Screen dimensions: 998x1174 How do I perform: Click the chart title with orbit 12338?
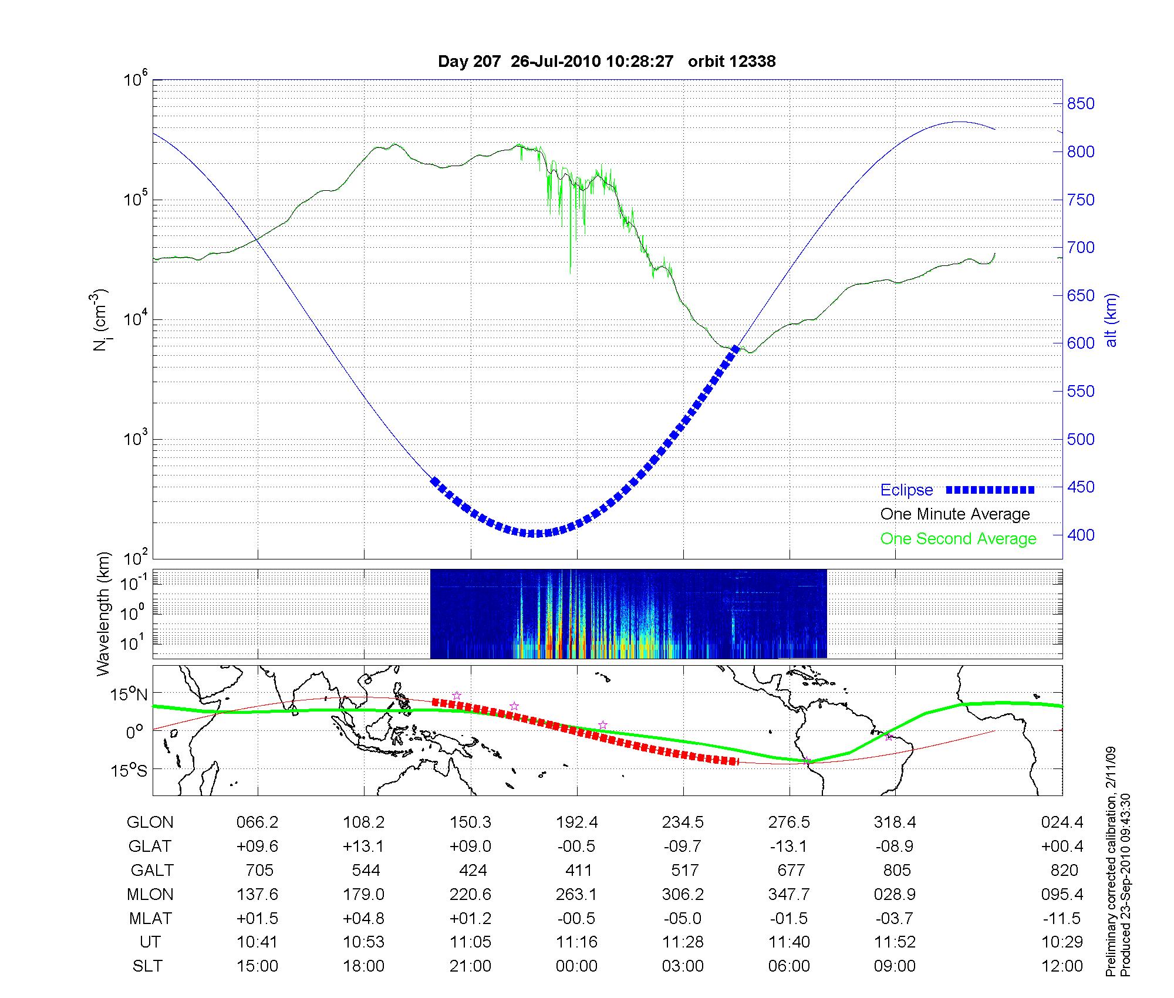606,62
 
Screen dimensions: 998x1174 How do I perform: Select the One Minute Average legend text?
955,514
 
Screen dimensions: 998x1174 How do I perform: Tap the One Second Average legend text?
958,539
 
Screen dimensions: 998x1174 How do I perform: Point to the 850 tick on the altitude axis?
1081,104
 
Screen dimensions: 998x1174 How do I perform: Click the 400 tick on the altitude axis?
1081,535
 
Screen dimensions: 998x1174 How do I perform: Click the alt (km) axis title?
1111,320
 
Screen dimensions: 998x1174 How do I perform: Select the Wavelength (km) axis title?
103,614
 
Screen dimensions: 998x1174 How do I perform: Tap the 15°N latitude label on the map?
129,695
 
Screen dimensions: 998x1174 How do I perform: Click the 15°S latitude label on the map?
129,770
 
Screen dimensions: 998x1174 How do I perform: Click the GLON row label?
150,822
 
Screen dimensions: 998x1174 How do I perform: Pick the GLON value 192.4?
577,822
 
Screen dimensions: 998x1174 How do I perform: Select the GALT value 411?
578,870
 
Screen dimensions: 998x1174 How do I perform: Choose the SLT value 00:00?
576,966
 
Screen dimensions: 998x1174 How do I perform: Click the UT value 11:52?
895,942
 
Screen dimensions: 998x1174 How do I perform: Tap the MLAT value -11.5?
1062,918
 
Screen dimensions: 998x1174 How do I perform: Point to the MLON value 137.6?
257,894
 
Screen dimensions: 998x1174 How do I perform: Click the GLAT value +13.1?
364,846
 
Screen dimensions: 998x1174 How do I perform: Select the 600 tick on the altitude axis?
1081,343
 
